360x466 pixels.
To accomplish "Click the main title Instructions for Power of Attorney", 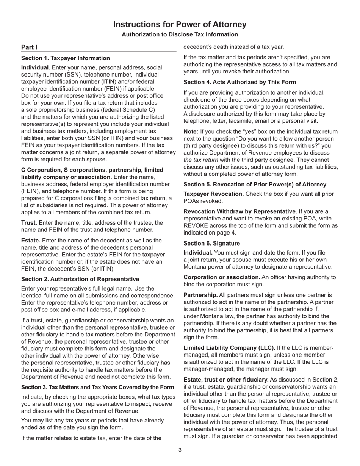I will click(180, 25).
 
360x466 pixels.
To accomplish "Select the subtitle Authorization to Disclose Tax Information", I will click(180, 34).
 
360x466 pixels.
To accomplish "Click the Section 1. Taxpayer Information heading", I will click(66, 58).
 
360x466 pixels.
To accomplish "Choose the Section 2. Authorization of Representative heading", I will click(80, 279).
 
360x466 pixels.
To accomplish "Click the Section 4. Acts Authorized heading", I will click(240, 82).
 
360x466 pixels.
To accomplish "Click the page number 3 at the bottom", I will click(180, 450).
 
